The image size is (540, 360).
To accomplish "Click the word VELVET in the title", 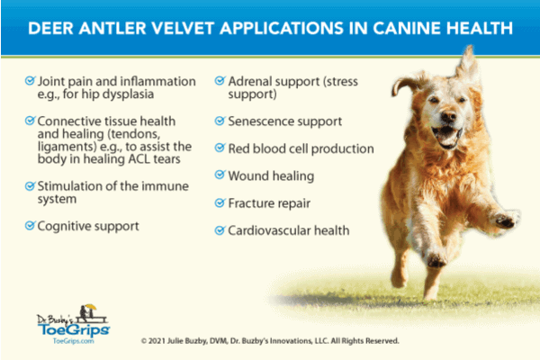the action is pyautogui.click(x=183, y=28).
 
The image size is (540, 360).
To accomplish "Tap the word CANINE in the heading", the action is pyautogui.click(x=407, y=28).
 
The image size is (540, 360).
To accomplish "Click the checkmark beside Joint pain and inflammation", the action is pyautogui.click(x=30, y=81).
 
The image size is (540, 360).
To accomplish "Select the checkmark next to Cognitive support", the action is pyautogui.click(x=30, y=226).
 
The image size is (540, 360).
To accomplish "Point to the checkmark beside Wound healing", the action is pyautogui.click(x=220, y=175).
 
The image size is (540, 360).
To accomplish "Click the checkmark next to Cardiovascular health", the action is pyautogui.click(x=220, y=229).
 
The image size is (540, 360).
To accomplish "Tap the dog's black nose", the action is pyautogui.click(x=448, y=117).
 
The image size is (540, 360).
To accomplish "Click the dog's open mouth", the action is pyautogui.click(x=447, y=136).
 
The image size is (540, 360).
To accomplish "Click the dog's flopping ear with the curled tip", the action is pyautogui.click(x=407, y=84).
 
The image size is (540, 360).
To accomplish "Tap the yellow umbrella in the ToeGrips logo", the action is pyautogui.click(x=91, y=306).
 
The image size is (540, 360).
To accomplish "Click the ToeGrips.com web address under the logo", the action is pyautogui.click(x=74, y=341).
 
